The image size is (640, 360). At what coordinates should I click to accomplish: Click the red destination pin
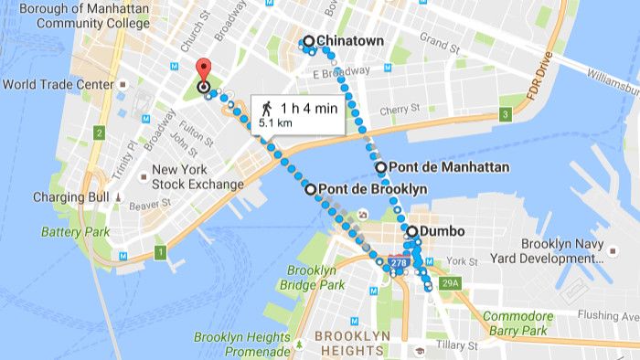[203, 70]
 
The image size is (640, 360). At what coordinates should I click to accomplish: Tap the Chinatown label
[349, 41]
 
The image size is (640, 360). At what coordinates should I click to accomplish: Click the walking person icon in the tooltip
[266, 109]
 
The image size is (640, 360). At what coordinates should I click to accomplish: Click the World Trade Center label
[59, 85]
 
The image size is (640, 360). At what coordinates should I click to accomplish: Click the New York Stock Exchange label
[197, 176]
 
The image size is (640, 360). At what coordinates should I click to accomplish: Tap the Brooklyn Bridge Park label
[316, 278]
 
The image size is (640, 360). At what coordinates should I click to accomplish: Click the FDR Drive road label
[537, 86]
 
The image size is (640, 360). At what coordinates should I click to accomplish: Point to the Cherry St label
[400, 110]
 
